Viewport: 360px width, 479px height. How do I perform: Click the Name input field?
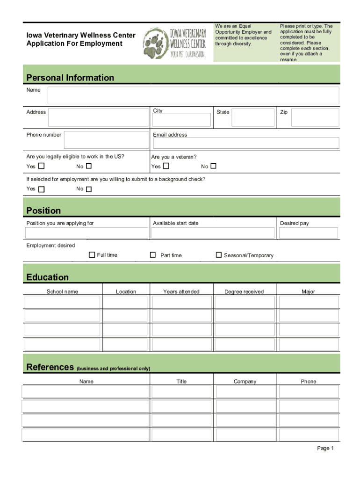pyautogui.click(x=193, y=95)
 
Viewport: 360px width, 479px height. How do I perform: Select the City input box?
pyautogui.click(x=181, y=119)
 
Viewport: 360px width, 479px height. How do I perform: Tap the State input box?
pyautogui.click(x=253, y=117)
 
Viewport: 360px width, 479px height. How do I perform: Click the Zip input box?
pyautogui.click(x=315, y=117)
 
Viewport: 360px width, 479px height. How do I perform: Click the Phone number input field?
pyautogui.click(x=106, y=140)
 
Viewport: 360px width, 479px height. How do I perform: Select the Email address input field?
pyautogui.click(x=245, y=143)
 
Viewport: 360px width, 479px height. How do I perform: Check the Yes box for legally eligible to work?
pyautogui.click(x=42, y=167)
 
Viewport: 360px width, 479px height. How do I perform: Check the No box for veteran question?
pyautogui.click(x=214, y=166)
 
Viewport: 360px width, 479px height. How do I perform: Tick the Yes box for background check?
pyautogui.click(x=42, y=189)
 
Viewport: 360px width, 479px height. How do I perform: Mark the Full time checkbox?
pyautogui.click(x=92, y=255)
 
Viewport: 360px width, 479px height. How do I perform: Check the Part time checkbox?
pyautogui.click(x=152, y=255)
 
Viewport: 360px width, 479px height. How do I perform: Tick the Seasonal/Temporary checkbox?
pyautogui.click(x=218, y=255)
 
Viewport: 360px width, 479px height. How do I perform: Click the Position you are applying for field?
pyautogui.click(x=87, y=233)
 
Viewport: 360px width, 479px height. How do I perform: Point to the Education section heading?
pyautogui.click(x=48, y=277)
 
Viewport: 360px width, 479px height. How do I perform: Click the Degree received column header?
pyautogui.click(x=244, y=292)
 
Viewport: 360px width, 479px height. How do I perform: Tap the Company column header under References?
pyautogui.click(x=245, y=382)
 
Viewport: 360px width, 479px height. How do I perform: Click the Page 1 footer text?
pyautogui.click(x=325, y=448)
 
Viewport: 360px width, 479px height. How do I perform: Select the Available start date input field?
pyautogui.click(x=213, y=233)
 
